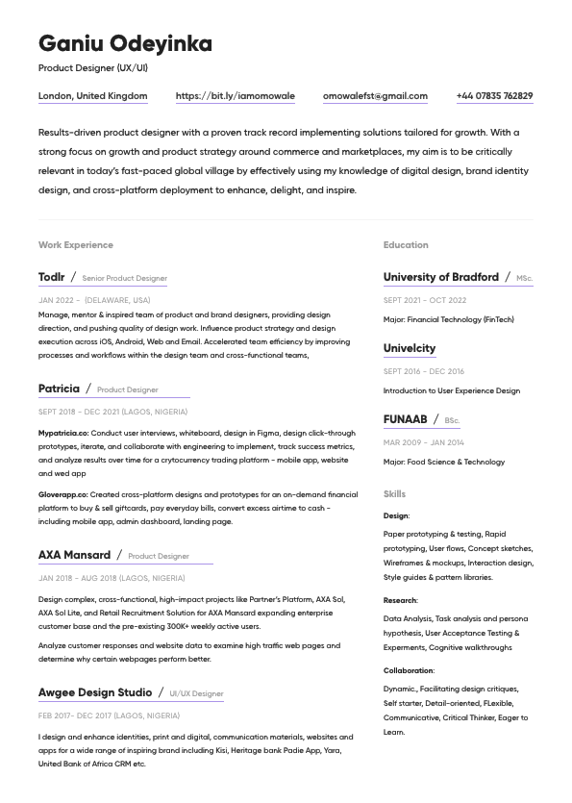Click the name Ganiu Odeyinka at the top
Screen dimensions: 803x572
[x=125, y=44]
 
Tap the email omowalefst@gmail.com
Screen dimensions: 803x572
[x=375, y=96]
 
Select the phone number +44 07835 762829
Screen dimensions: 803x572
[x=494, y=96]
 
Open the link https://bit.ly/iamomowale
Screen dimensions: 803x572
[x=235, y=96]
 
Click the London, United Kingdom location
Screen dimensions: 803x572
[x=93, y=96]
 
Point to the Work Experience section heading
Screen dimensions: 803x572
[x=76, y=245]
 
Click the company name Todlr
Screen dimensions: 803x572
[x=52, y=277]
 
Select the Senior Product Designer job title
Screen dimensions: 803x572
[x=125, y=279]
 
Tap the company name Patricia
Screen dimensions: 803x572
[x=59, y=389]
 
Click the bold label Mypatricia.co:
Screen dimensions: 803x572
[x=63, y=434]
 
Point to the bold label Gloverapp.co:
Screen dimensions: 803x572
[x=62, y=494]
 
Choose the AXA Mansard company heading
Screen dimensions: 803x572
[x=74, y=555]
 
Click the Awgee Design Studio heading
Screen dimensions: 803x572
[x=95, y=692]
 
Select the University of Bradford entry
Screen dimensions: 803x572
[x=440, y=277]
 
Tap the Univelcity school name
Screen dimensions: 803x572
[x=410, y=348]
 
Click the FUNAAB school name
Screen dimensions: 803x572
[x=405, y=419]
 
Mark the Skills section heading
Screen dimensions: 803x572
[x=394, y=494]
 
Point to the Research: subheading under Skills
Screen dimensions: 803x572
[x=400, y=600]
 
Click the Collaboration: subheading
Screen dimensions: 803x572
[x=409, y=670]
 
